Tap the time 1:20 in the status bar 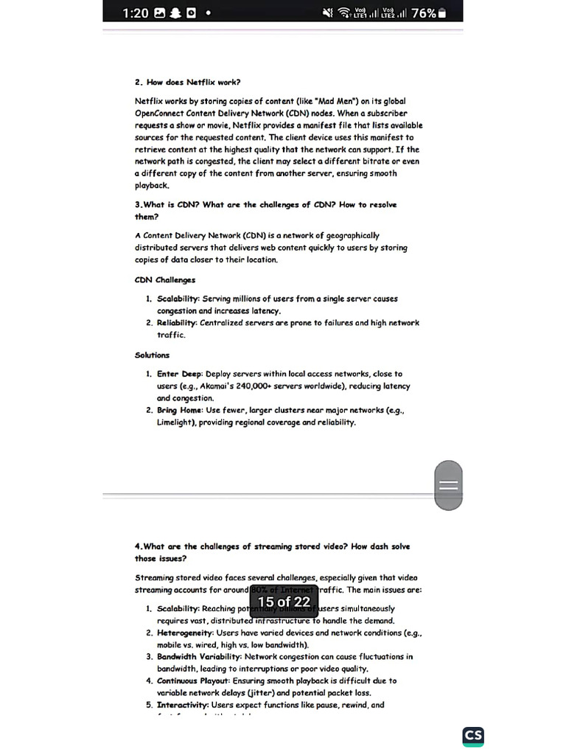point(136,13)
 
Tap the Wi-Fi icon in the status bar point(343,13)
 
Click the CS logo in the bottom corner point(473,737)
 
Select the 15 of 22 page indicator point(284,602)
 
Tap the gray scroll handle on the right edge point(449,485)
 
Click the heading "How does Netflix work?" point(192,82)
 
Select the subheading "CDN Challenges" point(165,280)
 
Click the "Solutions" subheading point(152,355)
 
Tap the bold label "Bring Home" point(180,411)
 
